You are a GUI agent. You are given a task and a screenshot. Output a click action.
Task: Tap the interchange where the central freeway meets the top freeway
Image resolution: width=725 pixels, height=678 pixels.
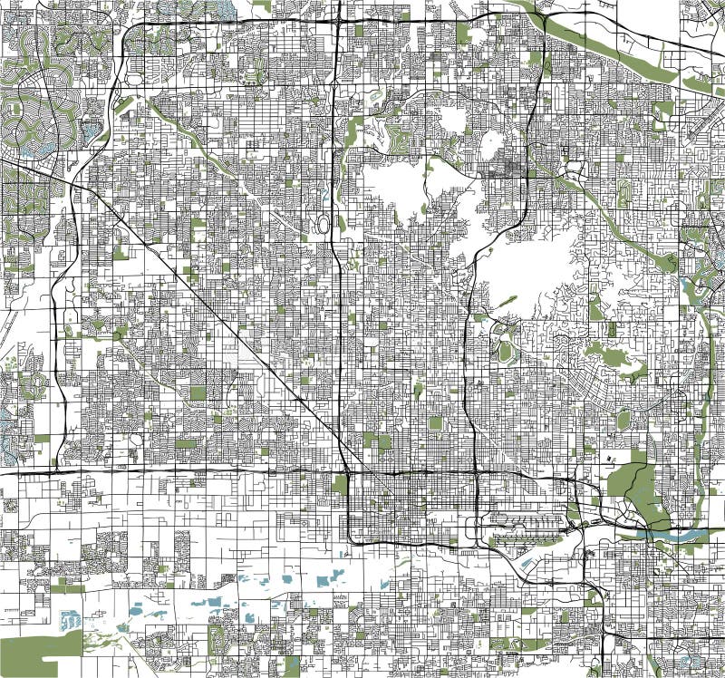coord(337,18)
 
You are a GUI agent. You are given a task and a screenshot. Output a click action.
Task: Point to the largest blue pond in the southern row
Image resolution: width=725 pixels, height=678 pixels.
coord(214,601)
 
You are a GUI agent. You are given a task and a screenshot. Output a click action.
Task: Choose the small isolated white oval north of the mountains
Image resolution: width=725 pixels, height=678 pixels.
coord(492,142)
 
